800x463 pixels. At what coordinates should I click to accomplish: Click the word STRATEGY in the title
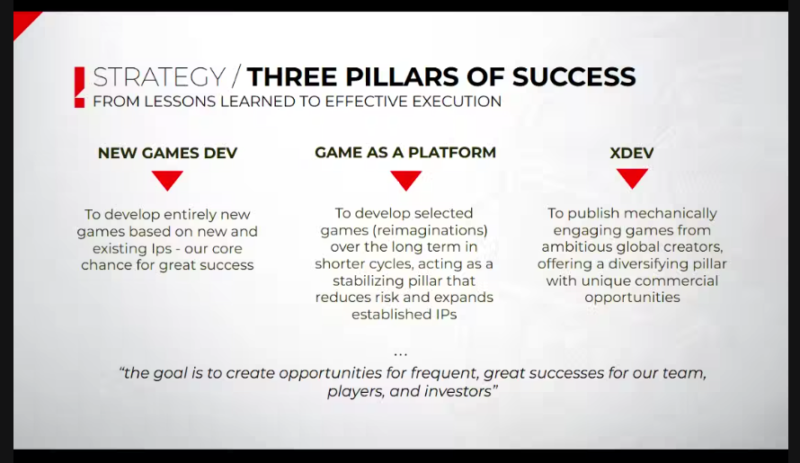coord(159,76)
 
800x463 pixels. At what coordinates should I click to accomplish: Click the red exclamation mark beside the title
coord(79,86)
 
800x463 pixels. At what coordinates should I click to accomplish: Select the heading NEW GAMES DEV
coord(167,153)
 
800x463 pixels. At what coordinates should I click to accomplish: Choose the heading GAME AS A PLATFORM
coord(405,152)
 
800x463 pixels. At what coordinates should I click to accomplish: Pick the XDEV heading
coord(632,153)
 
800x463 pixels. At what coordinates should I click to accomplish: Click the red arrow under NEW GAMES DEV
coord(167,180)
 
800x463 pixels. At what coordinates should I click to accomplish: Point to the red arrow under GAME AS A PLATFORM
coord(405,180)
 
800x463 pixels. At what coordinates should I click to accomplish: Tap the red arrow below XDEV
coord(632,179)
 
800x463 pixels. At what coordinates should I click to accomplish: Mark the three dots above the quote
coord(401,352)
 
